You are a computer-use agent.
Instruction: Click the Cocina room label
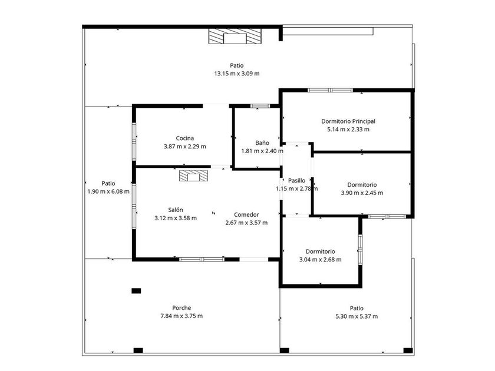pyautogui.click(x=181, y=138)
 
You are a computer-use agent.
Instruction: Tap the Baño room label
pyautogui.click(x=262, y=143)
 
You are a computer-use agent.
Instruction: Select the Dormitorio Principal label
pyautogui.click(x=348, y=121)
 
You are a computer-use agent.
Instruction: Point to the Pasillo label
pyautogui.click(x=296, y=180)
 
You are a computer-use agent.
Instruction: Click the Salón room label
pyautogui.click(x=176, y=210)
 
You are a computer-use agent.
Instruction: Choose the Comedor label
pyautogui.click(x=246, y=214)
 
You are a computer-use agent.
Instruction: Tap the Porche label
pyautogui.click(x=181, y=308)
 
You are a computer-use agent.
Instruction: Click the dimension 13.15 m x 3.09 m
pyautogui.click(x=237, y=74)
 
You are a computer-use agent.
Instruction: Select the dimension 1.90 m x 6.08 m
pyautogui.click(x=108, y=191)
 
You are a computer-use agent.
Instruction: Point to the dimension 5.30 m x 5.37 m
pyautogui.click(x=357, y=316)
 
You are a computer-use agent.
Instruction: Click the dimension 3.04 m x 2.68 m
pyautogui.click(x=320, y=259)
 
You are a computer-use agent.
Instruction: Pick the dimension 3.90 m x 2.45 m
pyautogui.click(x=362, y=193)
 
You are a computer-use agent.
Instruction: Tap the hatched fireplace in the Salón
pyautogui.click(x=194, y=176)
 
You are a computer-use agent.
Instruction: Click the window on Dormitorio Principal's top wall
pyautogui.click(x=330, y=90)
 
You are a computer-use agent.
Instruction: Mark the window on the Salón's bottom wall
pyautogui.click(x=202, y=259)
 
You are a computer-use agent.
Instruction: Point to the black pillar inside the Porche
pyautogui.click(x=136, y=290)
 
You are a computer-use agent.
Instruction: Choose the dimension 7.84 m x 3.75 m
pyautogui.click(x=181, y=316)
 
